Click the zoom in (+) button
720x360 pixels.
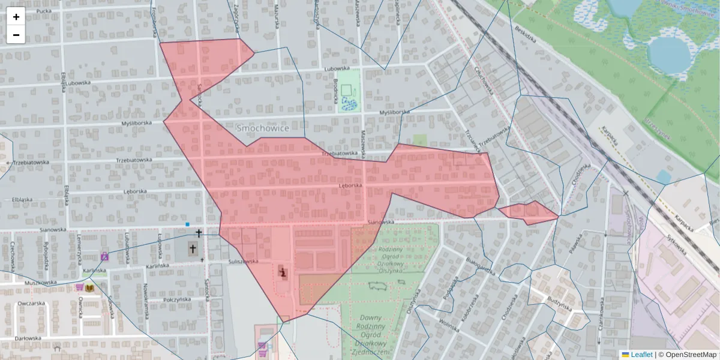(x=16, y=17)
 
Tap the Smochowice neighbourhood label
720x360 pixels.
(x=263, y=128)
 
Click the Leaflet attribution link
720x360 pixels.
(x=641, y=355)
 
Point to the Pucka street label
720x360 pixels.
(x=43, y=11)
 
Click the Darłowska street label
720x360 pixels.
(x=28, y=338)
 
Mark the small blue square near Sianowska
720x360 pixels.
(x=188, y=224)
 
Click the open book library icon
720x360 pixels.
(x=90, y=288)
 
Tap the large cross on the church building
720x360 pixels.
(x=193, y=248)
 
